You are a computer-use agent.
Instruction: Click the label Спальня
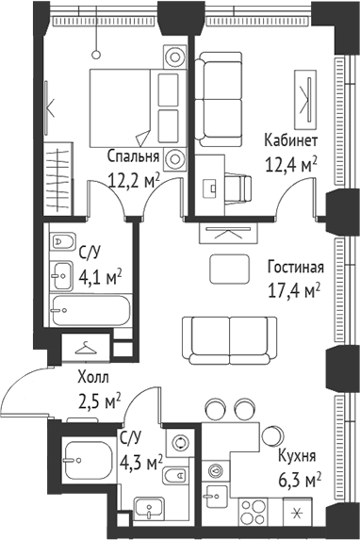click(131, 156)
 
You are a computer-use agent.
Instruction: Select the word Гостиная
click(296, 266)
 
